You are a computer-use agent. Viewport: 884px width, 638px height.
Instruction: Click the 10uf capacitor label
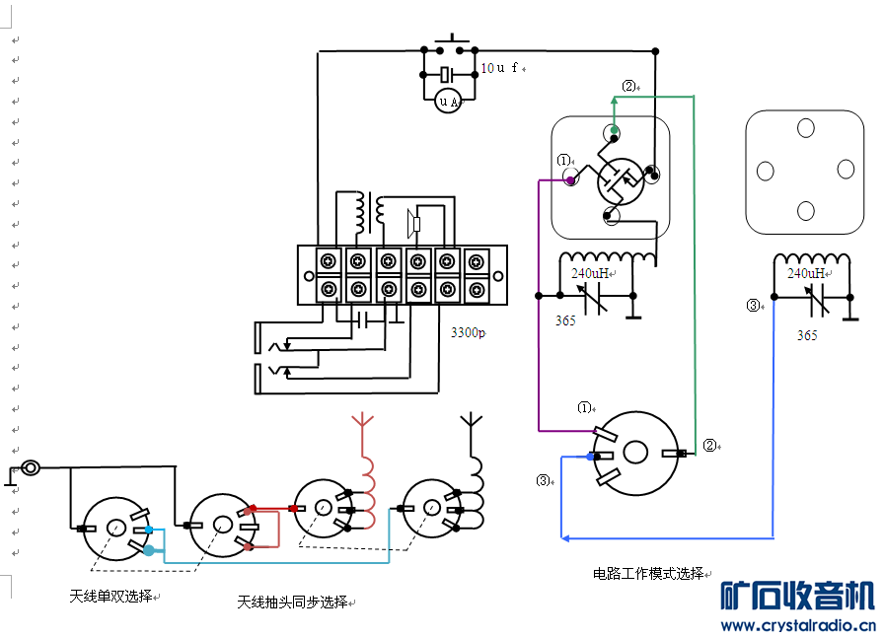[500, 68]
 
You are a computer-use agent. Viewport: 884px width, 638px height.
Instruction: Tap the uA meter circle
[448, 101]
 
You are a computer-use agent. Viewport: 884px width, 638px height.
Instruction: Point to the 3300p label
[468, 333]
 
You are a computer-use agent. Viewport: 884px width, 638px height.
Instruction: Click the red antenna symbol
[363, 425]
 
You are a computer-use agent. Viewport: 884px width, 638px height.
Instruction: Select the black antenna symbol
[471, 425]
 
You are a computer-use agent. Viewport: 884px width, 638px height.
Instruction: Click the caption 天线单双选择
[111, 596]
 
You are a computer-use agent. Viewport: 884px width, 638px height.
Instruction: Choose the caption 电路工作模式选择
[648, 573]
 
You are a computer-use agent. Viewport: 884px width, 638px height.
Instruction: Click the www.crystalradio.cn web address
[798, 625]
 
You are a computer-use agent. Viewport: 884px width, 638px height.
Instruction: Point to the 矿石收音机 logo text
[797, 596]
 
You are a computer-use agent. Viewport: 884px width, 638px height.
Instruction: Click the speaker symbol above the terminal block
[413, 224]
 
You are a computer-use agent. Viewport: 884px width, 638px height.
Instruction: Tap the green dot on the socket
[614, 130]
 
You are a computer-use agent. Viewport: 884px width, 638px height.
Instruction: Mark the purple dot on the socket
[570, 180]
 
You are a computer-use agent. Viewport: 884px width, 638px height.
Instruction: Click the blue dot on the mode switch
[591, 457]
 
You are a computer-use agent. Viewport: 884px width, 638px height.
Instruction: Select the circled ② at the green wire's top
[628, 86]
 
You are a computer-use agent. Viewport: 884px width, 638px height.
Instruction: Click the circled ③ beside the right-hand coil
[754, 306]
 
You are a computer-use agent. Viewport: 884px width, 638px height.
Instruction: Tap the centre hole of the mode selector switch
[635, 453]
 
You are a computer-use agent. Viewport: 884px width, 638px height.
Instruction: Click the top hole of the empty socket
[806, 128]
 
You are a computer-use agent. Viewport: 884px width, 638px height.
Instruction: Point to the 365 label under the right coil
[807, 335]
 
